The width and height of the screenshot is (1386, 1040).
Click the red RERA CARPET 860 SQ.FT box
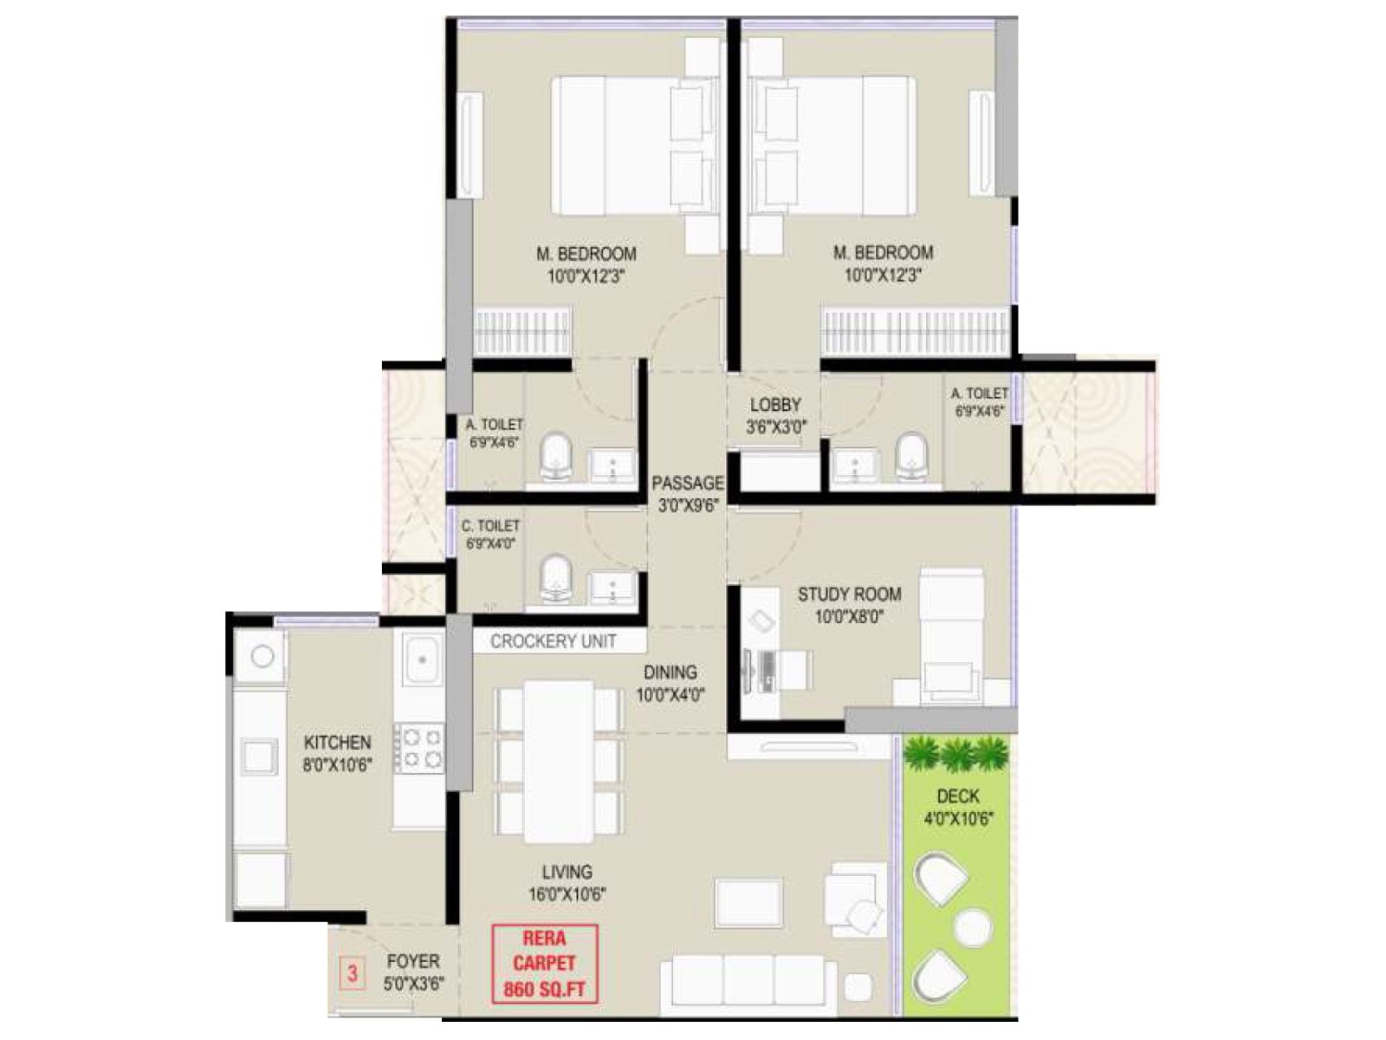[x=544, y=964]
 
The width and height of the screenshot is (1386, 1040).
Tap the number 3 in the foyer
[x=352, y=972]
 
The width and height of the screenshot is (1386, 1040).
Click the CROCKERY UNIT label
[x=553, y=641]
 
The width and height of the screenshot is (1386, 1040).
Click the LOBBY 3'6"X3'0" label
[x=775, y=414]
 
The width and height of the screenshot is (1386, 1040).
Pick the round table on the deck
[x=973, y=928]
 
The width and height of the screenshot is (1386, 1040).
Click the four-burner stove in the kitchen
[x=419, y=748]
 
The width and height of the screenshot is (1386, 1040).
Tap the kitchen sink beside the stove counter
[x=422, y=660]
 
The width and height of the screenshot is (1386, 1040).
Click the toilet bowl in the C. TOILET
[x=556, y=577]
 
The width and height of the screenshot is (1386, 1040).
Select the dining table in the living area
[x=559, y=761]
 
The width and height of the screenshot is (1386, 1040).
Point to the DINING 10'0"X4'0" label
[x=670, y=683]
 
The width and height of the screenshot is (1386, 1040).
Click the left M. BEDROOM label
[x=586, y=264]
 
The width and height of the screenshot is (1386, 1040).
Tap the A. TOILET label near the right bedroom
[x=979, y=402]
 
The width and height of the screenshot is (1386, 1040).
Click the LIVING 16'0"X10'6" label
[x=567, y=882]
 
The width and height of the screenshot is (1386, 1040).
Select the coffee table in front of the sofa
[x=748, y=903]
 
